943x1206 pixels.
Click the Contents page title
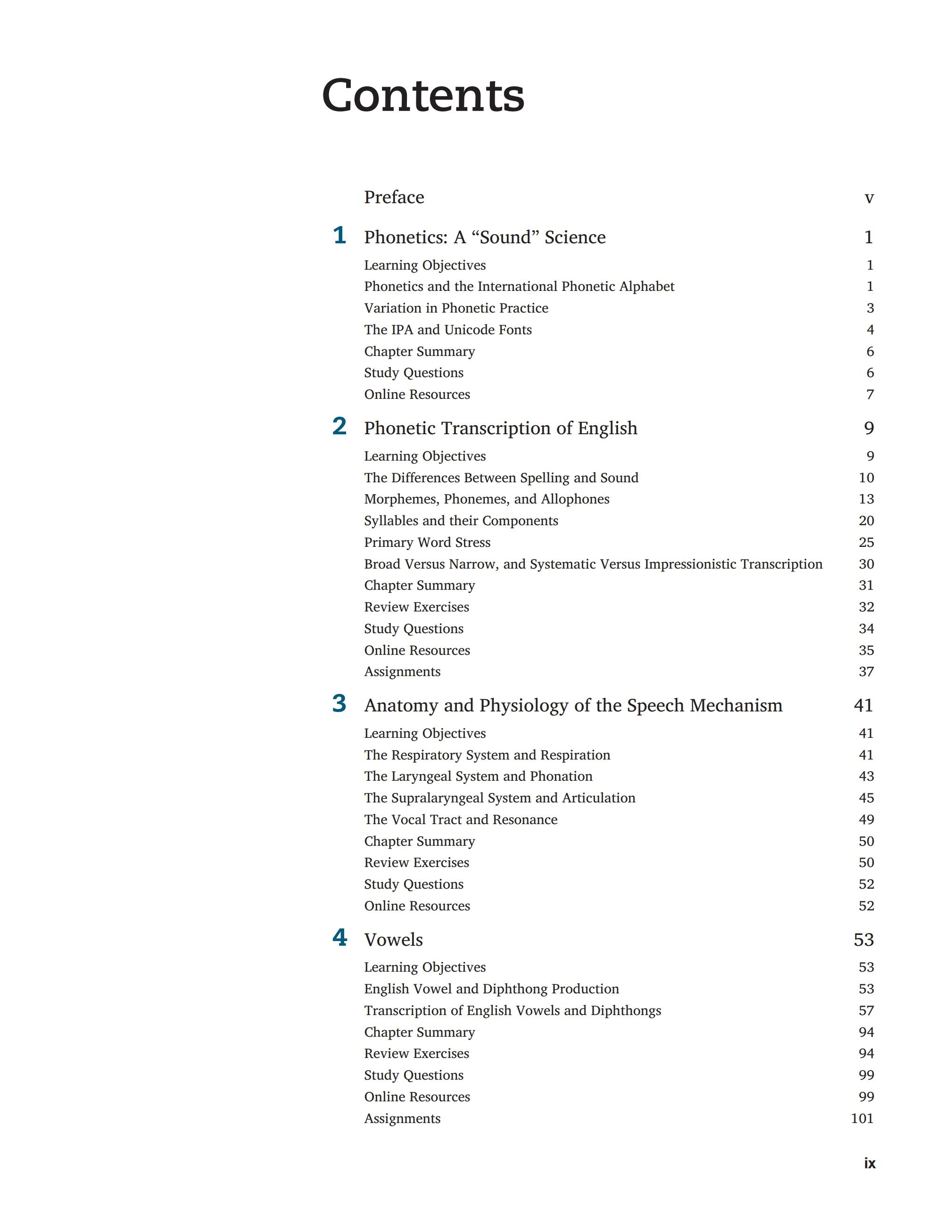423,96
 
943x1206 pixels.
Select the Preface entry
394,197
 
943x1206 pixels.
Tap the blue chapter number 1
339,236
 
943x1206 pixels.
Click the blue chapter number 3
339,704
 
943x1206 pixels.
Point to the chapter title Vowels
393,939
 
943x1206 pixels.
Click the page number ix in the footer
869,1163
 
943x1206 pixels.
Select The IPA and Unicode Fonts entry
448,330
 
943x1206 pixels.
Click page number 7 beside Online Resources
870,394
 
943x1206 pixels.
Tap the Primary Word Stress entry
427,542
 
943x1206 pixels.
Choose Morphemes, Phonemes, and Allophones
487,499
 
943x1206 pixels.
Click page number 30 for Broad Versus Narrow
866,564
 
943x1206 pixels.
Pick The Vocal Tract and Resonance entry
461,819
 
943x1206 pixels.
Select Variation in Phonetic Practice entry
456,308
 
